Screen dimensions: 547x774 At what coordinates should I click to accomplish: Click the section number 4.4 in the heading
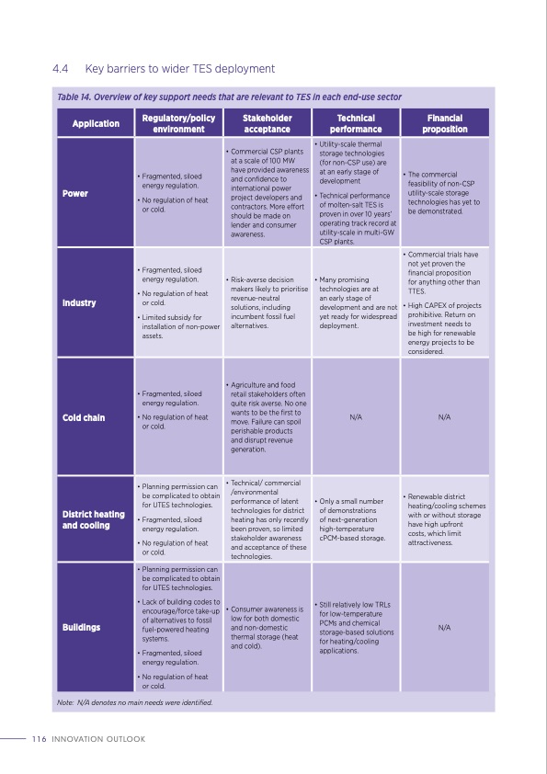(x=62, y=68)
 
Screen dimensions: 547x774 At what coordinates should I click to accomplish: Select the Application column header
(x=96, y=124)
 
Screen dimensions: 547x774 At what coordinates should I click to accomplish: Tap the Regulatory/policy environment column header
(x=178, y=124)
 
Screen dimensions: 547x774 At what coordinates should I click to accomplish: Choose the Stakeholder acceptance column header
(x=267, y=124)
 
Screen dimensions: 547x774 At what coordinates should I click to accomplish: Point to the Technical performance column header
(x=356, y=124)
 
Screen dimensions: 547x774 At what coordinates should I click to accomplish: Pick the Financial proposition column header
(x=444, y=124)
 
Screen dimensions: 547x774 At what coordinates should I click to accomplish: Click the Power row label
(x=75, y=194)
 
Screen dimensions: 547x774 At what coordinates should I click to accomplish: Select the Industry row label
(x=79, y=302)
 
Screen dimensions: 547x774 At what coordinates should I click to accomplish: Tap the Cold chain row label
(x=83, y=417)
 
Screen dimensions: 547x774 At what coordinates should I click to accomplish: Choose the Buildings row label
(x=81, y=627)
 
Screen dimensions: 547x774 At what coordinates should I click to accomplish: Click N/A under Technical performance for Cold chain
(x=356, y=417)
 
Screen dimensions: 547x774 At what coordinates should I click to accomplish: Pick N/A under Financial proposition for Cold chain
(x=444, y=417)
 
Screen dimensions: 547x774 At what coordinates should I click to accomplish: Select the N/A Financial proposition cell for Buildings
(x=444, y=627)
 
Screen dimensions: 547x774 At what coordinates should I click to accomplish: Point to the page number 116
(x=39, y=739)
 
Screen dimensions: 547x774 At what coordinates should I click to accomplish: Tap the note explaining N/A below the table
(x=134, y=702)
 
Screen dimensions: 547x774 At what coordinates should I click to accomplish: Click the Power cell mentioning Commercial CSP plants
(x=267, y=191)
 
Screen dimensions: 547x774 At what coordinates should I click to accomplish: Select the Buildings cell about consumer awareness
(x=267, y=627)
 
